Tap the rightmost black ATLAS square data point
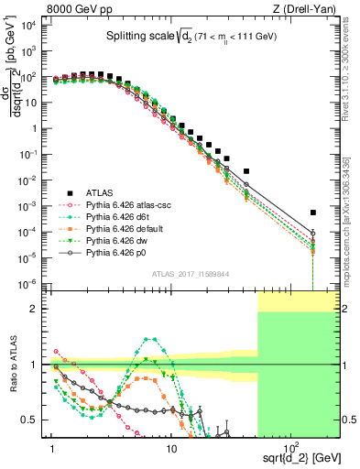point(313,213)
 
